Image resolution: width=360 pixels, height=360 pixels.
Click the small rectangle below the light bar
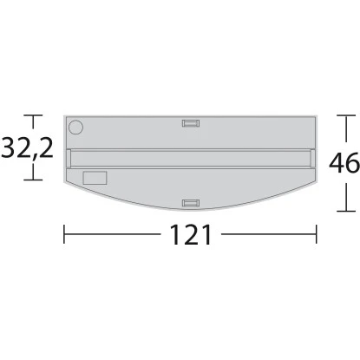coord(95,178)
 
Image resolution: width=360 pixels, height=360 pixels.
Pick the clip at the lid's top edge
coord(190,122)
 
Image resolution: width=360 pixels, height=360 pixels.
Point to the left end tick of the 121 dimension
coord(64,235)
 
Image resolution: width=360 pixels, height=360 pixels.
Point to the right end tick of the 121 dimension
coord(315,235)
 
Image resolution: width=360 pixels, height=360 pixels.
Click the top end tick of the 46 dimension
coord(346,115)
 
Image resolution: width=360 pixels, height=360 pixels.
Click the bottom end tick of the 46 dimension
coord(346,211)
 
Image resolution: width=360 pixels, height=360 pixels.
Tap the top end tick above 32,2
coord(34,115)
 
